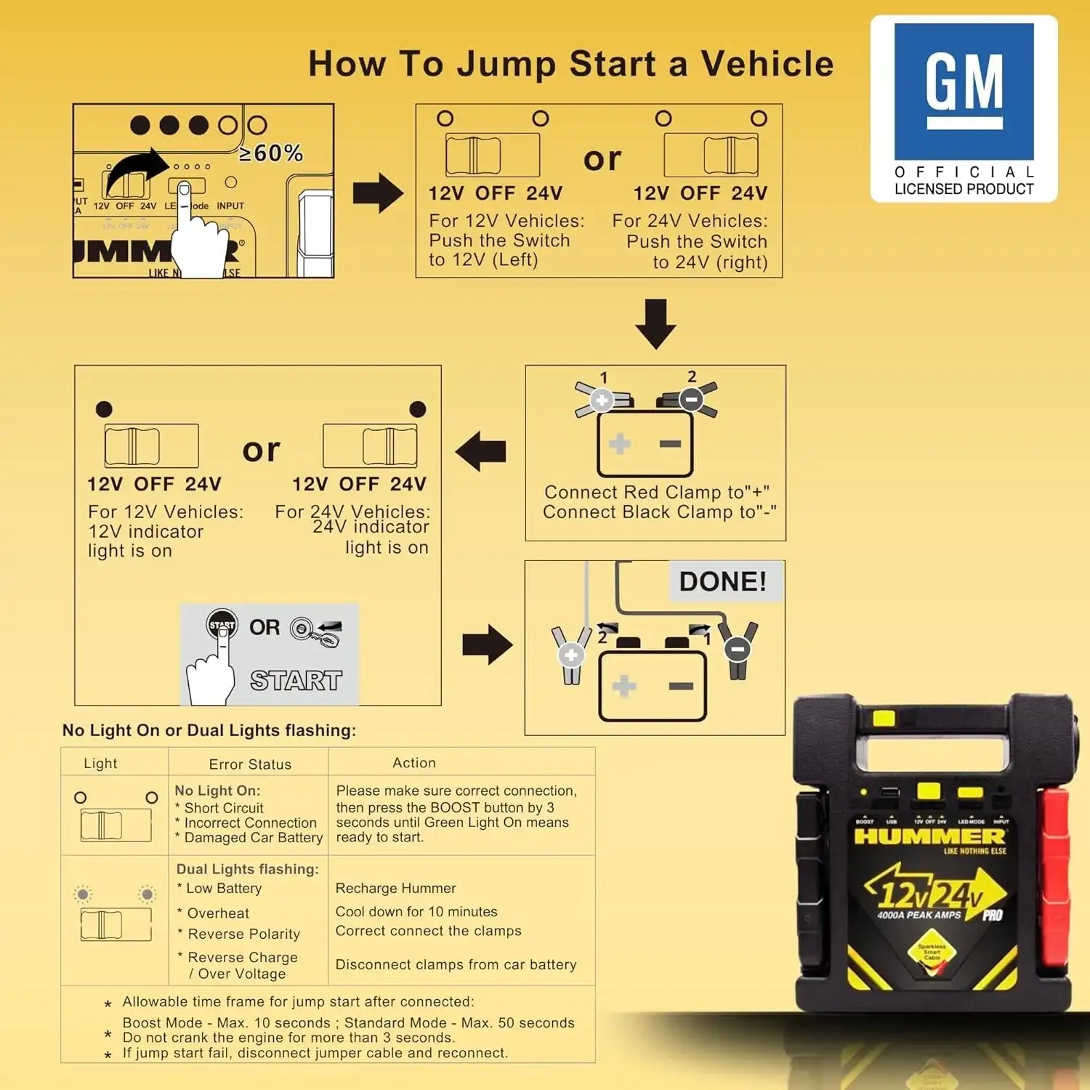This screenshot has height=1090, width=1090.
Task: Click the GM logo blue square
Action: [x=964, y=92]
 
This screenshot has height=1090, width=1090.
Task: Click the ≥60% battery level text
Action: [x=271, y=153]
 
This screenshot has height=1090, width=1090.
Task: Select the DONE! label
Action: [x=722, y=581]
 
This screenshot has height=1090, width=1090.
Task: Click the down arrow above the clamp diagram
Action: [x=655, y=324]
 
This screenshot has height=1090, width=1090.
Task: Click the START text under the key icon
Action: [x=296, y=681]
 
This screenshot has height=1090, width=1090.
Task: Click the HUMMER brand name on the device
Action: [x=929, y=836]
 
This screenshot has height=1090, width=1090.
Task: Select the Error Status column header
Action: [x=250, y=764]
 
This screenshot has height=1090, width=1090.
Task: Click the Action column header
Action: [x=414, y=763]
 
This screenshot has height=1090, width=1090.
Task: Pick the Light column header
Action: [x=100, y=764]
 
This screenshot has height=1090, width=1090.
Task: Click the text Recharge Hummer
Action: [x=396, y=888]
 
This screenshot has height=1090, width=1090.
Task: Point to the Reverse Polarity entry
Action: [x=243, y=934]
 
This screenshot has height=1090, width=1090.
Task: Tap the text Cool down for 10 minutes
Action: [x=416, y=911]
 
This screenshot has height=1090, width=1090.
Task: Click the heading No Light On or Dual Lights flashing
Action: [x=209, y=730]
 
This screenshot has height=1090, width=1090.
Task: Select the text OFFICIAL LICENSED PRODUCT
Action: [x=964, y=181]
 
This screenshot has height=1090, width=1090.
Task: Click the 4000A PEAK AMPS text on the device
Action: [x=919, y=915]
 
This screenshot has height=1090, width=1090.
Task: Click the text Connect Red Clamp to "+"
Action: [x=656, y=493]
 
